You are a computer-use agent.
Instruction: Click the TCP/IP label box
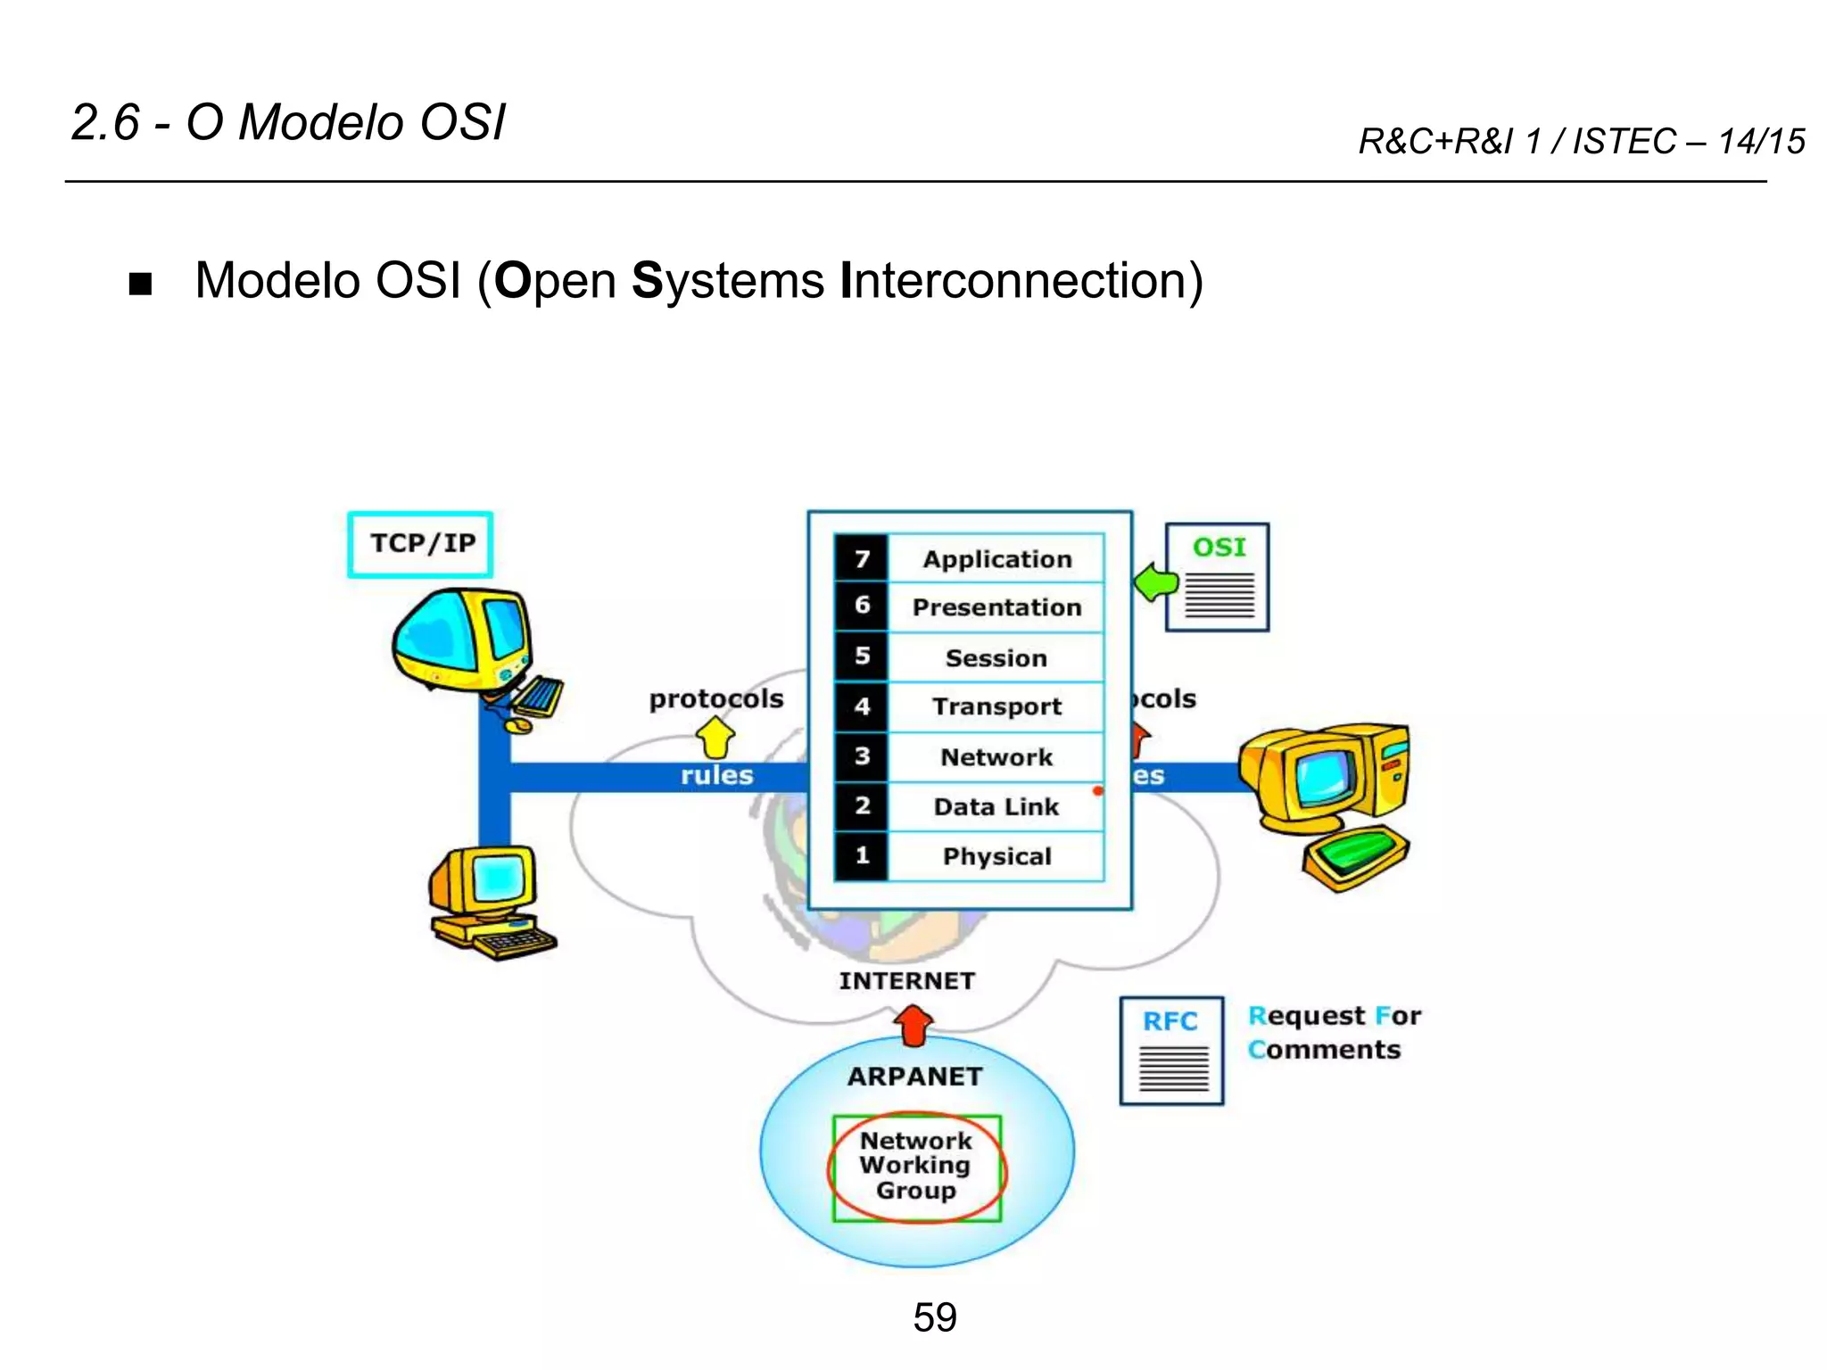(x=420, y=544)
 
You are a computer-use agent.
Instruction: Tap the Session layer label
(x=996, y=658)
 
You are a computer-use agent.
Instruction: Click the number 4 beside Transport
(x=862, y=707)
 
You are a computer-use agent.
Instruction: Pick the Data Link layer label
(x=996, y=806)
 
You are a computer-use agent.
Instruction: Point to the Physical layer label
(x=996, y=856)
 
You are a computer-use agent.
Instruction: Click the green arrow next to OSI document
(x=1156, y=583)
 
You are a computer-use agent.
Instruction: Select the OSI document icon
(x=1218, y=578)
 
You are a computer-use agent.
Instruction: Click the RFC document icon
(x=1171, y=1051)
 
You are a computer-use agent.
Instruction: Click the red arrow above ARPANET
(x=913, y=1026)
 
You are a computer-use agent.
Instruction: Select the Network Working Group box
(x=916, y=1167)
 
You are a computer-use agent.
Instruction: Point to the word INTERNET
(x=906, y=981)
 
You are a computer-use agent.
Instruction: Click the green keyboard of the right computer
(x=1354, y=856)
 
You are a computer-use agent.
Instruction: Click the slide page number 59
(x=934, y=1317)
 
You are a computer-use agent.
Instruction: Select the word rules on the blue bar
(x=716, y=775)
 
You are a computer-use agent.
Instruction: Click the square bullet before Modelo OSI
(x=140, y=284)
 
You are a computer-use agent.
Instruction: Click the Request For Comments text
(x=1333, y=1033)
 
